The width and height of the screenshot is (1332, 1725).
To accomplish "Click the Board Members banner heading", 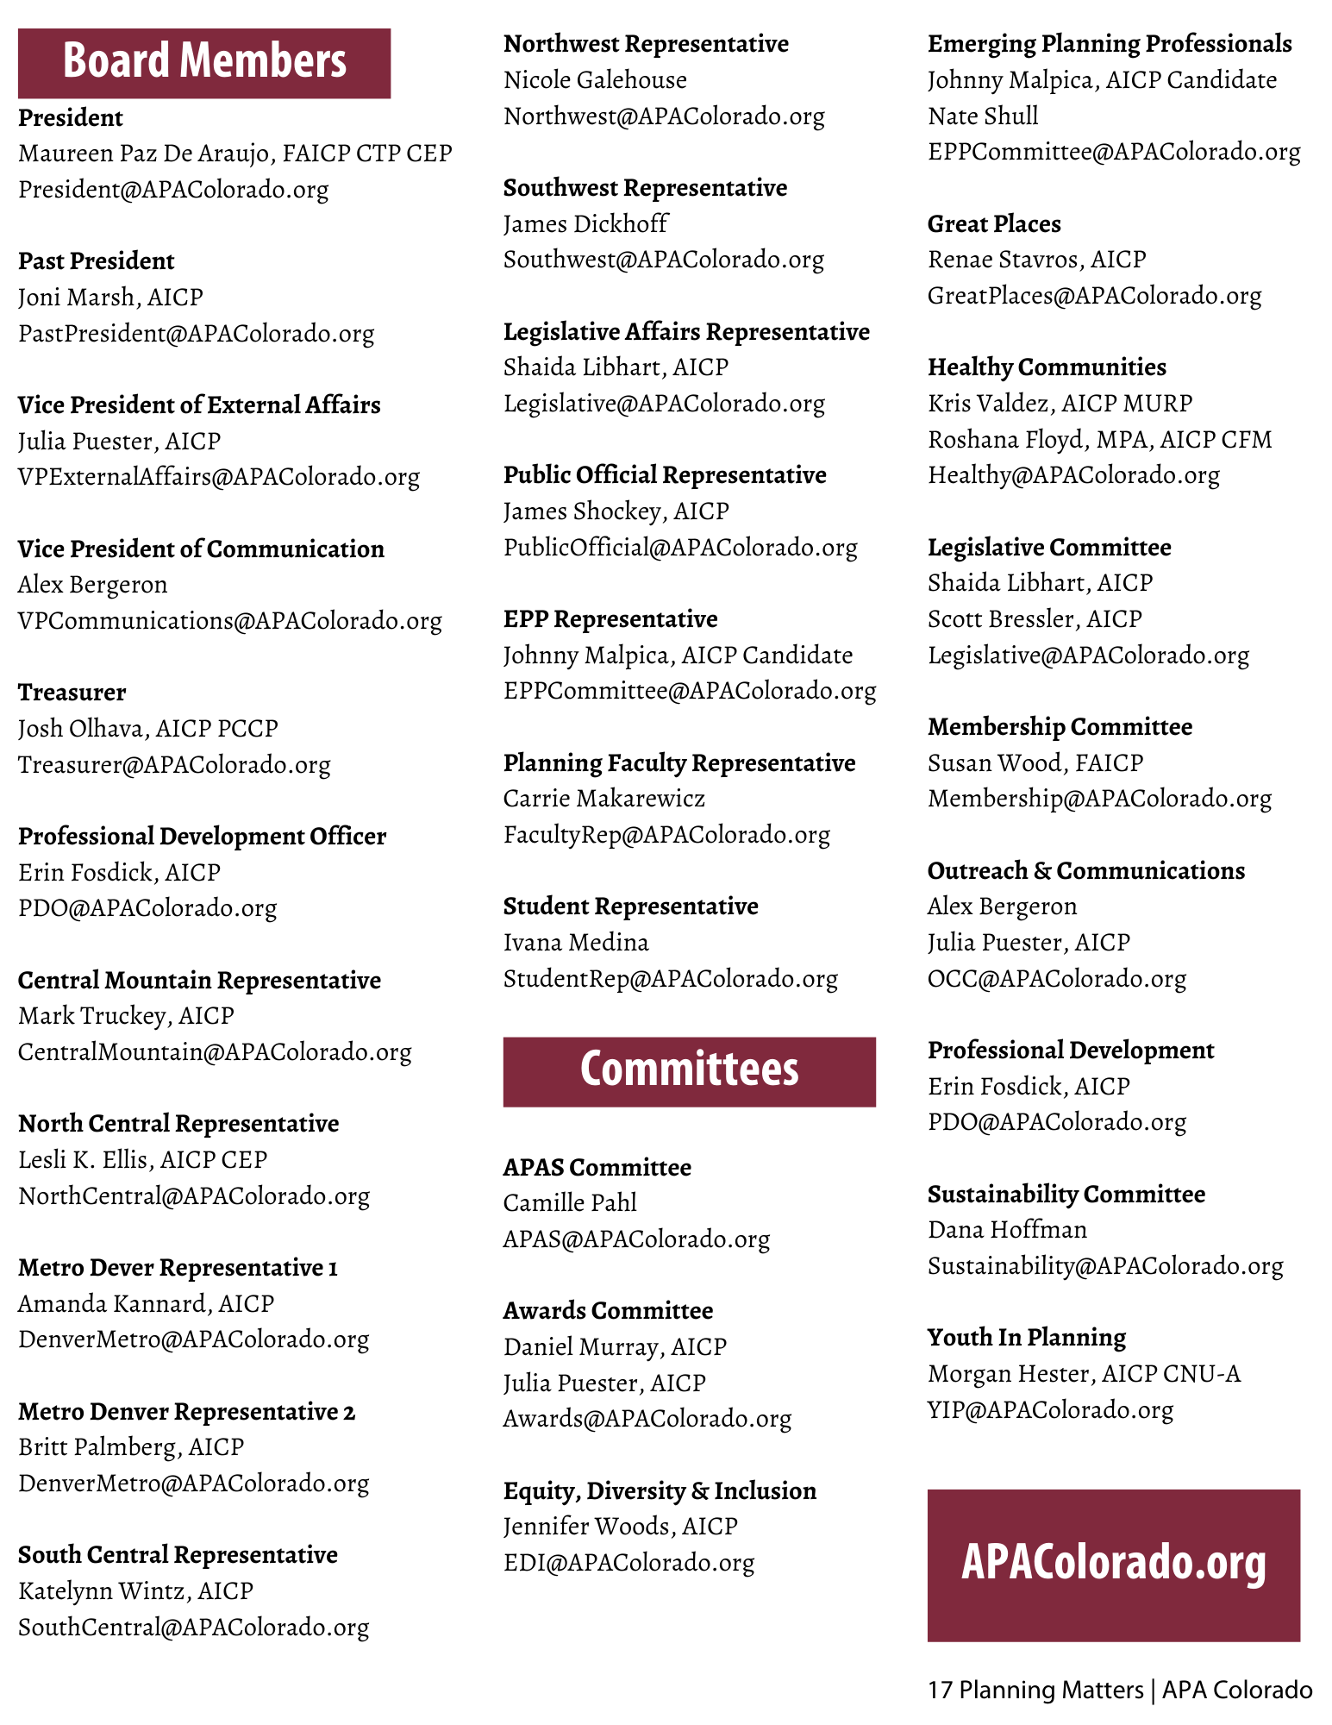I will click(x=204, y=62).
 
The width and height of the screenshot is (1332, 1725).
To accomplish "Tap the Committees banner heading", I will click(x=689, y=1070).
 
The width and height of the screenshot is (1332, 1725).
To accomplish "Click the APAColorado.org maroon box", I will click(x=1113, y=1565).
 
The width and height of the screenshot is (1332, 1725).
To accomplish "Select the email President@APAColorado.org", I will click(x=173, y=190).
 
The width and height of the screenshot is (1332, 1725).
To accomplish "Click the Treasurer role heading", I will click(x=72, y=693).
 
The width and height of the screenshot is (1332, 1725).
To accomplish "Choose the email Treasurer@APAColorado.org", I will click(x=174, y=765).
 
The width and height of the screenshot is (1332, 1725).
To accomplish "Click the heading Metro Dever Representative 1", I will click(x=178, y=1268).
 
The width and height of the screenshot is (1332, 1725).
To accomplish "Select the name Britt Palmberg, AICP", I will click(x=131, y=1447).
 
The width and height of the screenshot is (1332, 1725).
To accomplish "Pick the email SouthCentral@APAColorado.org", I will click(x=193, y=1628).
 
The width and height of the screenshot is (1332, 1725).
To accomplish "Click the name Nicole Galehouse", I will click(x=595, y=80).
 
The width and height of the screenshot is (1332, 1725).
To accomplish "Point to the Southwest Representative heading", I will click(x=645, y=188).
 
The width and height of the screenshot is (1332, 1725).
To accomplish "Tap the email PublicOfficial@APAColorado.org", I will click(x=680, y=548).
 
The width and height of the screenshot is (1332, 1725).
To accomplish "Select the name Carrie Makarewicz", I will click(x=603, y=799).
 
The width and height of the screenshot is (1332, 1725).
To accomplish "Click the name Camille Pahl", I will click(x=570, y=1203).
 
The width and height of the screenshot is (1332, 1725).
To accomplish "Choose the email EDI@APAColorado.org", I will click(x=628, y=1563).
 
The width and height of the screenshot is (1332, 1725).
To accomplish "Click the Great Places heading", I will click(x=994, y=224).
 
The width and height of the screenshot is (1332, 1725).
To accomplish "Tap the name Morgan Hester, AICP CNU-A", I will click(x=1084, y=1374).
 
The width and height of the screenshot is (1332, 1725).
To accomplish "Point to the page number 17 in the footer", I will click(x=940, y=1690).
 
